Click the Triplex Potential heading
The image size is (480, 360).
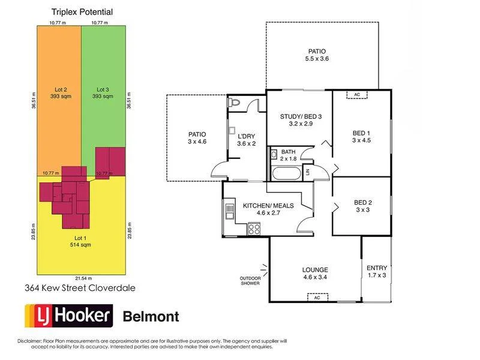(x=82, y=11)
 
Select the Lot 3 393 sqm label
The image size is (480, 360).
(x=103, y=93)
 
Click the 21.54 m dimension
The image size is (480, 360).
(x=82, y=278)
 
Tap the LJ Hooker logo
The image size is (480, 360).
(x=68, y=316)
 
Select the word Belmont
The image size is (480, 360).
(x=151, y=316)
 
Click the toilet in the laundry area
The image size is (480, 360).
(x=235, y=103)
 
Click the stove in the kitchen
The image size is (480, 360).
(x=254, y=228)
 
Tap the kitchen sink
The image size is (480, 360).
(x=230, y=210)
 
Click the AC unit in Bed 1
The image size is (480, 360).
(x=356, y=95)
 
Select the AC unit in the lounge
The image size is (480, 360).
(x=315, y=297)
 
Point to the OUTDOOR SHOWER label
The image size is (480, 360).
(x=250, y=281)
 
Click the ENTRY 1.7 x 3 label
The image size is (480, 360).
(x=377, y=271)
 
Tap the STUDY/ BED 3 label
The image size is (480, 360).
(x=298, y=121)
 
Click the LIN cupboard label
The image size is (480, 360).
(x=307, y=173)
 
